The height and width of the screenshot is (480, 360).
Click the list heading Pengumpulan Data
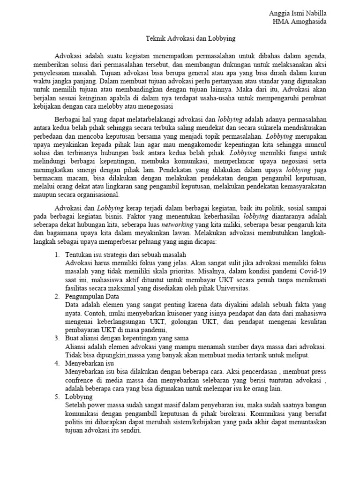[x=92, y=297]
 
